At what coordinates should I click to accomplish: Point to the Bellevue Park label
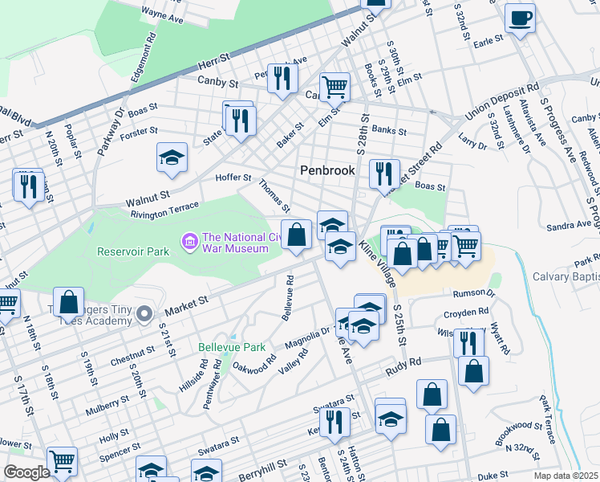tap(231, 348)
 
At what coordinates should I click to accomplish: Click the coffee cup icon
tap(520, 18)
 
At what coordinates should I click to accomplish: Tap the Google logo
tap(26, 472)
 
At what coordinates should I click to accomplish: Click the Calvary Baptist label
tap(566, 277)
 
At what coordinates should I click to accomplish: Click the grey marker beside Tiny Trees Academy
tap(144, 313)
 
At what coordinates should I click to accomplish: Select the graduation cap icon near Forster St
tap(171, 158)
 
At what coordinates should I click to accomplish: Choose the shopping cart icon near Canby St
tap(334, 86)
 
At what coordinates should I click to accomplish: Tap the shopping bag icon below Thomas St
tap(296, 235)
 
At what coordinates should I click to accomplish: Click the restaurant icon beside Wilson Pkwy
tap(468, 342)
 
